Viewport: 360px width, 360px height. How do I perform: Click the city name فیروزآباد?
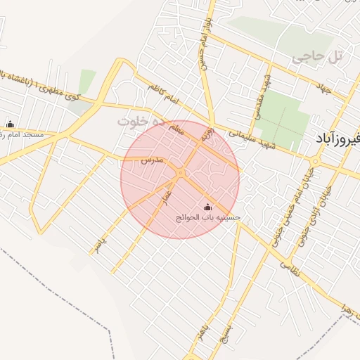(x=334, y=140)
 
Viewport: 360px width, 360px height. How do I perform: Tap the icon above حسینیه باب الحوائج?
(x=207, y=207)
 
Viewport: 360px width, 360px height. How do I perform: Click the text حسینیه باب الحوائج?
(x=207, y=218)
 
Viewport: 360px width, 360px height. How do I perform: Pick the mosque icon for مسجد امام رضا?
(x=10, y=123)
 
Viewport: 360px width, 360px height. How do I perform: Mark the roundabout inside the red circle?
(x=181, y=173)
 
